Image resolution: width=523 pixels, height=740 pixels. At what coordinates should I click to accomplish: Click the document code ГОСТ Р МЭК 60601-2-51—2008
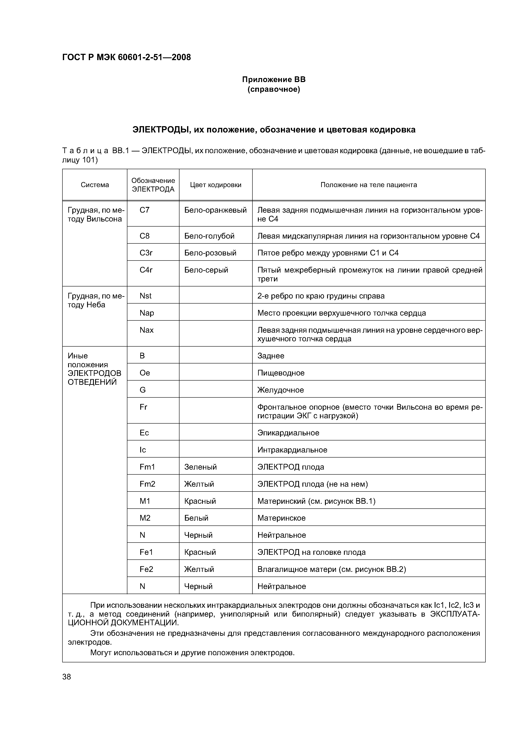126,57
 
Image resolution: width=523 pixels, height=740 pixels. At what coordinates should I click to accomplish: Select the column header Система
95,185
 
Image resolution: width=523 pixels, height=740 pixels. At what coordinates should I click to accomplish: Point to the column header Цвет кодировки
216,185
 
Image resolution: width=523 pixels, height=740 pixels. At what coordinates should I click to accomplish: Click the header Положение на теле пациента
369,185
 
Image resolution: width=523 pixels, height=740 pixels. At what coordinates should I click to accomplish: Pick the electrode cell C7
145,210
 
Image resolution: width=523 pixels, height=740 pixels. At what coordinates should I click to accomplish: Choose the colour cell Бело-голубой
209,236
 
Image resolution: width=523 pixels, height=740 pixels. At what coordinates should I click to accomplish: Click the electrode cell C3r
146,253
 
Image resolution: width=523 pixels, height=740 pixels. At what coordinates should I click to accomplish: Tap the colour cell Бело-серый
206,270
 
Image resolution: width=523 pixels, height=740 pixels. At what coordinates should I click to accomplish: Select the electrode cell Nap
147,313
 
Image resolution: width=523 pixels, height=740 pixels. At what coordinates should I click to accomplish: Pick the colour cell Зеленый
200,467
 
